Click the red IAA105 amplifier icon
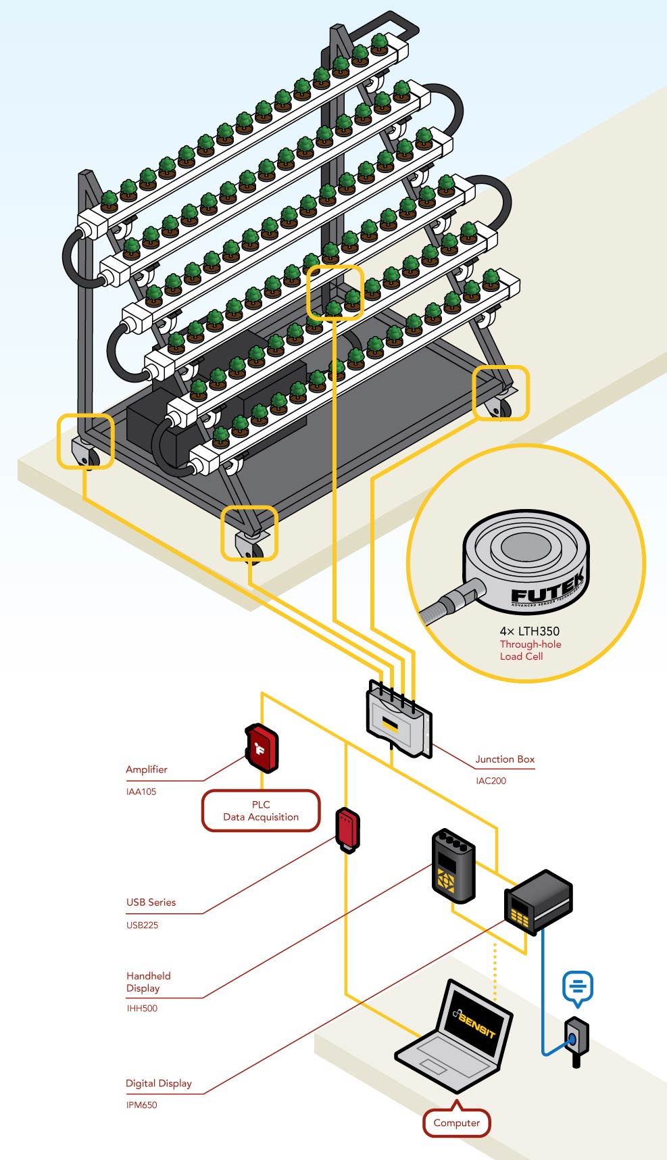[x=262, y=748]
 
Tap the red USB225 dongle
[x=347, y=829]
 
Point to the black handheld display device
[x=453, y=866]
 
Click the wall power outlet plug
[x=576, y=1039]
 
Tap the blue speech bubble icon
[x=578, y=988]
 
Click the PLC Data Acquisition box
[x=261, y=811]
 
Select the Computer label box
[x=457, y=1123]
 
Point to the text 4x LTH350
[x=529, y=631]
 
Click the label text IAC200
[x=491, y=781]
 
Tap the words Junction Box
[x=504, y=759]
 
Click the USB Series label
[x=151, y=902]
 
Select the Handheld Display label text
[x=148, y=982]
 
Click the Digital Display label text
[x=159, y=1083]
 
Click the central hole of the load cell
[x=526, y=546]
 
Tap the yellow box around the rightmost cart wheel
[x=500, y=393]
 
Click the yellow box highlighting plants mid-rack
[x=335, y=292]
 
